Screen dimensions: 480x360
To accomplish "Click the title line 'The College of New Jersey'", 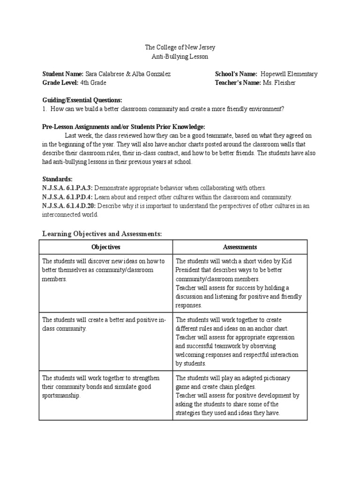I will [x=180, y=47].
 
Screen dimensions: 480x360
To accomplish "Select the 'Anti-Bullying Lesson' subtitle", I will [x=180, y=56].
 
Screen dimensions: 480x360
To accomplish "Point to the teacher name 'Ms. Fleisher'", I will [x=279, y=83].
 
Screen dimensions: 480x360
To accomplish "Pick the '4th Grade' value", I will [x=93, y=83].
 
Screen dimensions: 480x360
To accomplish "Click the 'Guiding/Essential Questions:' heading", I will [x=82, y=100].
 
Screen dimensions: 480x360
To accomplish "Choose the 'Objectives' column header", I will [x=106, y=247].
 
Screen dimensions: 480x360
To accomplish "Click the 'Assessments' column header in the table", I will [x=240, y=247].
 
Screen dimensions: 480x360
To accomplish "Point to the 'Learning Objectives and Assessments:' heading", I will [x=102, y=233].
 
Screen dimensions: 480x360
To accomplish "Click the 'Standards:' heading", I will [x=57, y=179].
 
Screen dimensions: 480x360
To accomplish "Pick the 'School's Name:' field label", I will [x=236, y=74].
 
